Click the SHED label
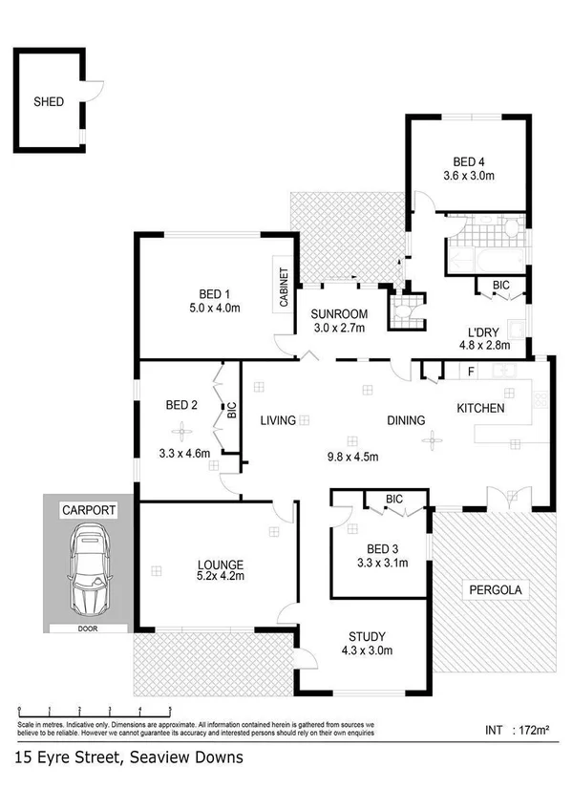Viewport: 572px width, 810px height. [x=49, y=100]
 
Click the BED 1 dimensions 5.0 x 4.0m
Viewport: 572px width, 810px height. [x=214, y=308]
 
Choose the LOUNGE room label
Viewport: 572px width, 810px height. [x=221, y=564]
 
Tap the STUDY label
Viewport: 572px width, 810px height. [x=367, y=637]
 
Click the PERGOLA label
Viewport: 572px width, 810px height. [x=493, y=589]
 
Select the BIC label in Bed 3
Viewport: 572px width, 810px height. [x=393, y=499]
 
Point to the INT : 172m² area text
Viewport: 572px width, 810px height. [x=515, y=731]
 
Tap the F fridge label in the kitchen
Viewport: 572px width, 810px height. [x=471, y=371]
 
